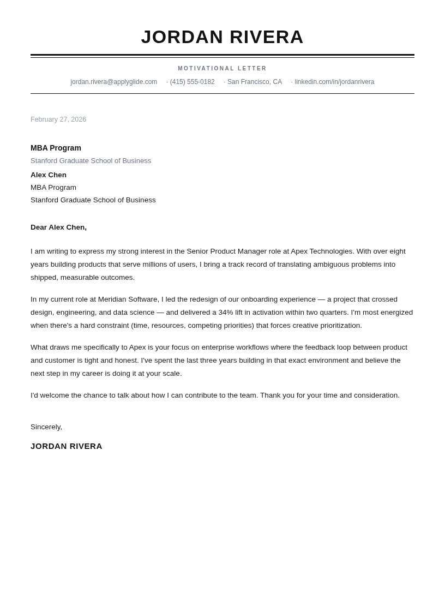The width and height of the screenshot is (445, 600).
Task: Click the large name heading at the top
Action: click(222, 37)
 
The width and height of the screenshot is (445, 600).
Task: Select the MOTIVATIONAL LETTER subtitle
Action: click(222, 69)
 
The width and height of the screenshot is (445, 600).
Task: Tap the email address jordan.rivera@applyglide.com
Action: click(113, 82)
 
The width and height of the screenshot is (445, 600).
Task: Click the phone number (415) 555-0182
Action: click(192, 82)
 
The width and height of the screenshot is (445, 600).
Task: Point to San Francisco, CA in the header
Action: click(254, 82)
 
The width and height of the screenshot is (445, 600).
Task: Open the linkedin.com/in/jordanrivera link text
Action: click(334, 82)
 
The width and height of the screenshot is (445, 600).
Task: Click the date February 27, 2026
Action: click(58, 119)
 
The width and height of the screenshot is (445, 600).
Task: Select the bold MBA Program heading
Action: click(56, 148)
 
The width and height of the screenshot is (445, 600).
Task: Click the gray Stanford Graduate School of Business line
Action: click(91, 161)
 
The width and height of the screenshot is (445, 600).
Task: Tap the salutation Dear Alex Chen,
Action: click(58, 227)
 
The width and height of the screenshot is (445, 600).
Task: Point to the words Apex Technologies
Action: click(322, 251)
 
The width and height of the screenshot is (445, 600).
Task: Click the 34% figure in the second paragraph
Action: click(226, 313)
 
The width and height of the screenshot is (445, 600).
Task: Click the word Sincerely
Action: click(46, 427)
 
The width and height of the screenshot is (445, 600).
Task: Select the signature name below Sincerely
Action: click(67, 446)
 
